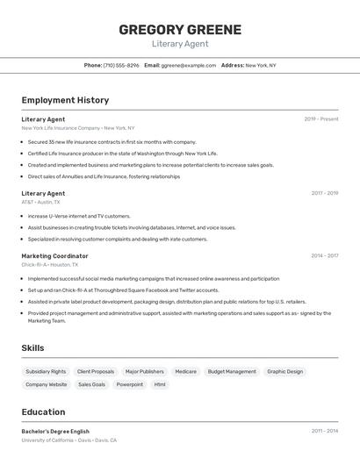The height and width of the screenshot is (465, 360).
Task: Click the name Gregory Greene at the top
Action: point(180,30)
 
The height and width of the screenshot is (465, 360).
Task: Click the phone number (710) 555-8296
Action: point(121,65)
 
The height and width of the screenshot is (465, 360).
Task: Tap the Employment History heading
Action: point(65,100)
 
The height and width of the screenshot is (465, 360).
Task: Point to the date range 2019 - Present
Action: point(321,119)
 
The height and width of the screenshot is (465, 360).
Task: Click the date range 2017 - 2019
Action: point(324,193)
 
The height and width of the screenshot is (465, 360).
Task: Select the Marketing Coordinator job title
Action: point(54,256)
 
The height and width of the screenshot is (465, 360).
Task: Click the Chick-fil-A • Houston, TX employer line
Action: point(49,264)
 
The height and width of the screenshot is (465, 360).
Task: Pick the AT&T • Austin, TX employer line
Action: point(40,202)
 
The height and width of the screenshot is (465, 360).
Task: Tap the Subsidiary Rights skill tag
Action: point(46,371)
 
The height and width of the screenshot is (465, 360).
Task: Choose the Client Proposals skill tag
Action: point(96,371)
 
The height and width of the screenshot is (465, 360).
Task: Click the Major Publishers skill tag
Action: point(144,371)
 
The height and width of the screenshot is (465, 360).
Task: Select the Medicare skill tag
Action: point(185,371)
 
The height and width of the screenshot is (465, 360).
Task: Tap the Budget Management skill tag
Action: point(232,371)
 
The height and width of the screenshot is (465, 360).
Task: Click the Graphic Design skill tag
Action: point(284,371)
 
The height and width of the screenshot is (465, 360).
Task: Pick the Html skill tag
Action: point(160,384)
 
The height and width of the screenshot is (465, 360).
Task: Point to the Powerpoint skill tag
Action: point(130,384)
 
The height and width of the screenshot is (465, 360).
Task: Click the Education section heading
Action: point(43,412)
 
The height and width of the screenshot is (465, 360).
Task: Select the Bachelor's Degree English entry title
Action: point(55,432)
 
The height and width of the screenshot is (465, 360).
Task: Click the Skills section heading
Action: point(32,348)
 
